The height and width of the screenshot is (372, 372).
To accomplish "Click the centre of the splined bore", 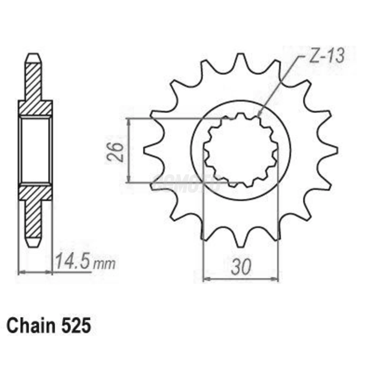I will point(241,150).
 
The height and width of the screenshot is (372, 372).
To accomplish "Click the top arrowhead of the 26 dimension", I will point(129,121).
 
